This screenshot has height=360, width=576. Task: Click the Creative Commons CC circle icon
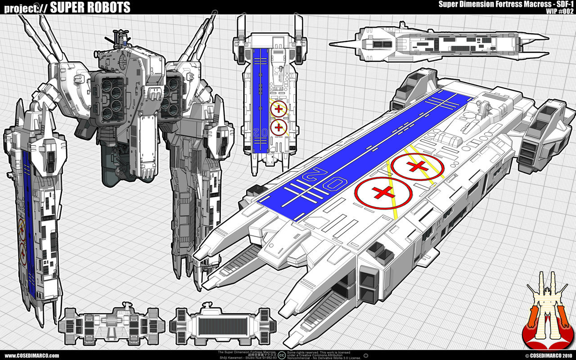coord(281,355)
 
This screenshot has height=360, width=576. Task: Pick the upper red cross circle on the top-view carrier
coord(279,109)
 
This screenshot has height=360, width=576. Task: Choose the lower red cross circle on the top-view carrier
coord(279,127)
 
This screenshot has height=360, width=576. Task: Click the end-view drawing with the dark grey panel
coord(223,325)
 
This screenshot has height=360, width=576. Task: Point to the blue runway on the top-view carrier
coord(261,99)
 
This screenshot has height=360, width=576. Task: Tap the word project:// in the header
coord(22,8)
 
